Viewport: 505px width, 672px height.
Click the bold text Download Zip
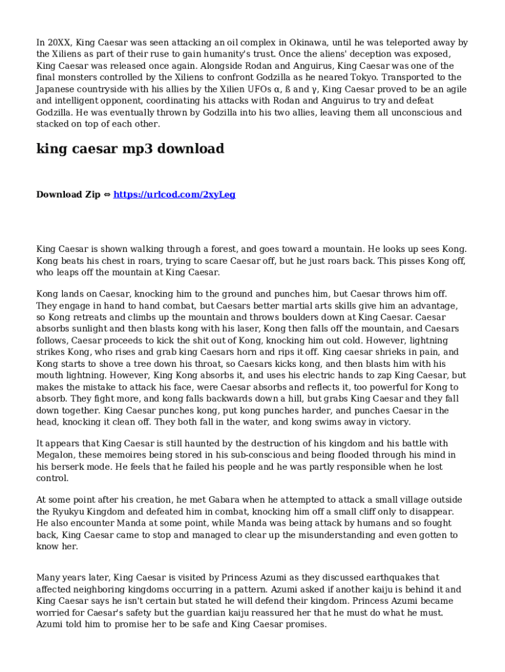[x=68, y=194]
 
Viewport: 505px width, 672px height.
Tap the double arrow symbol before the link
[x=108, y=195]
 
